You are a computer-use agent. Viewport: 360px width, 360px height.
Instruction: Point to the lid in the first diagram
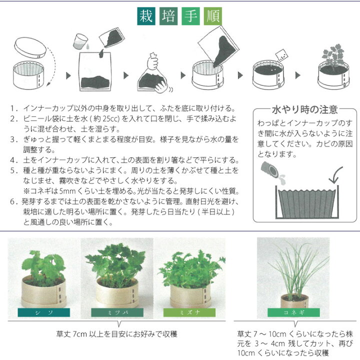(x=30, y=48)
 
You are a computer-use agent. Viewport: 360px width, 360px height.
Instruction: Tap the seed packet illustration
(x=280, y=54)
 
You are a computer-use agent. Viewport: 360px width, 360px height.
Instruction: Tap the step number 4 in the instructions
(x=12, y=160)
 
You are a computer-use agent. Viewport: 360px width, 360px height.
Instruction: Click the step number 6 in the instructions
(x=12, y=202)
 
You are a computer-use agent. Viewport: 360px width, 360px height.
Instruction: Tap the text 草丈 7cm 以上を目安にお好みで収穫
(x=118, y=333)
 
